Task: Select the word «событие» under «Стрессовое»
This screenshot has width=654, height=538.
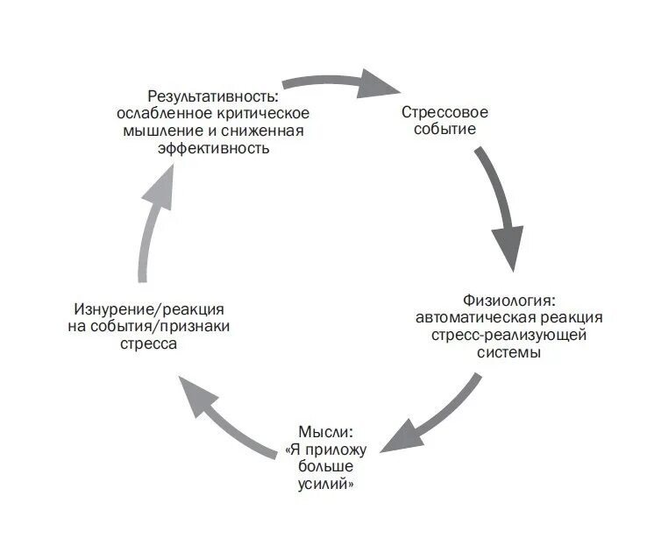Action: click(444, 130)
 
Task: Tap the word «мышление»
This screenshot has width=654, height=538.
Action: click(156, 131)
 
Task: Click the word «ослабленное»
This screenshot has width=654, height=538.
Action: click(157, 113)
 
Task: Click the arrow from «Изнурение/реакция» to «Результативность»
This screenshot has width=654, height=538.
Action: click(154, 219)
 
